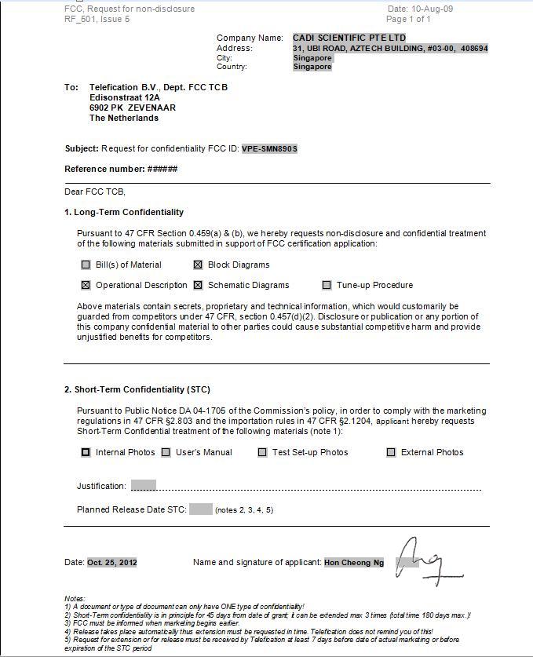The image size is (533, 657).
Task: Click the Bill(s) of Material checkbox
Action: pos(86,265)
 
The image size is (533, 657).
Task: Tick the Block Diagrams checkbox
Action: pos(198,265)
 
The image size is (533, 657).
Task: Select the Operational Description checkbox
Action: pos(86,285)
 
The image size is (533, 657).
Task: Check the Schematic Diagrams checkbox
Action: pos(198,285)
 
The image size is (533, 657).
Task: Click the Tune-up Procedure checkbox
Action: pos(327,285)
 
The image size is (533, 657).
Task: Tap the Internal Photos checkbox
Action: pos(86,452)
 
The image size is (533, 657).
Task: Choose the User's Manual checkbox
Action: pos(166,452)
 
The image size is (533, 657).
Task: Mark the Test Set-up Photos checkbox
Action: pos(262,452)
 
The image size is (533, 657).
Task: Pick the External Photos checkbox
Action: pos(391,452)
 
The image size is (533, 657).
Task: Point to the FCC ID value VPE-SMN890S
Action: pos(269,148)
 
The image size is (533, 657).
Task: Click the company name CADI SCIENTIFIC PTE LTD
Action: pos(349,38)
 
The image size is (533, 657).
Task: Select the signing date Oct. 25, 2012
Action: pos(112,562)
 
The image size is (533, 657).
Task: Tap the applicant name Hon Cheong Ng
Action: pos(354,562)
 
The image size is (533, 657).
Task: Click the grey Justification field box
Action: pos(144,486)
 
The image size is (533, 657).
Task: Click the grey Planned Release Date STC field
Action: pos(201,509)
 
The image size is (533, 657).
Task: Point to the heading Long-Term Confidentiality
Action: pos(129,212)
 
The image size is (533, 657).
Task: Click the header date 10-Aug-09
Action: pos(432,9)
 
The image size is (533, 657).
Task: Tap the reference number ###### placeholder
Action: pos(162,169)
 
